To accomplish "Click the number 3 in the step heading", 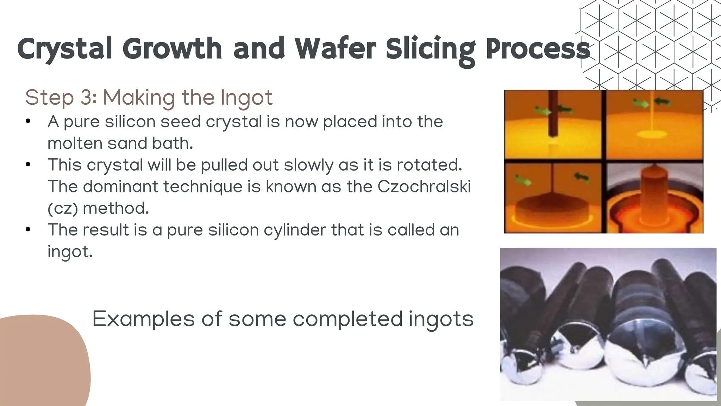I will (x=87, y=97).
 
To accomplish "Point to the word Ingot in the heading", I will (x=246, y=98).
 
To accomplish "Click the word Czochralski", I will (x=424, y=186).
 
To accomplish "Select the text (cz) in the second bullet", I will (x=63, y=209).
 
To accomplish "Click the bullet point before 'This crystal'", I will (x=29, y=165).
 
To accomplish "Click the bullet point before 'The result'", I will (x=29, y=230).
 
